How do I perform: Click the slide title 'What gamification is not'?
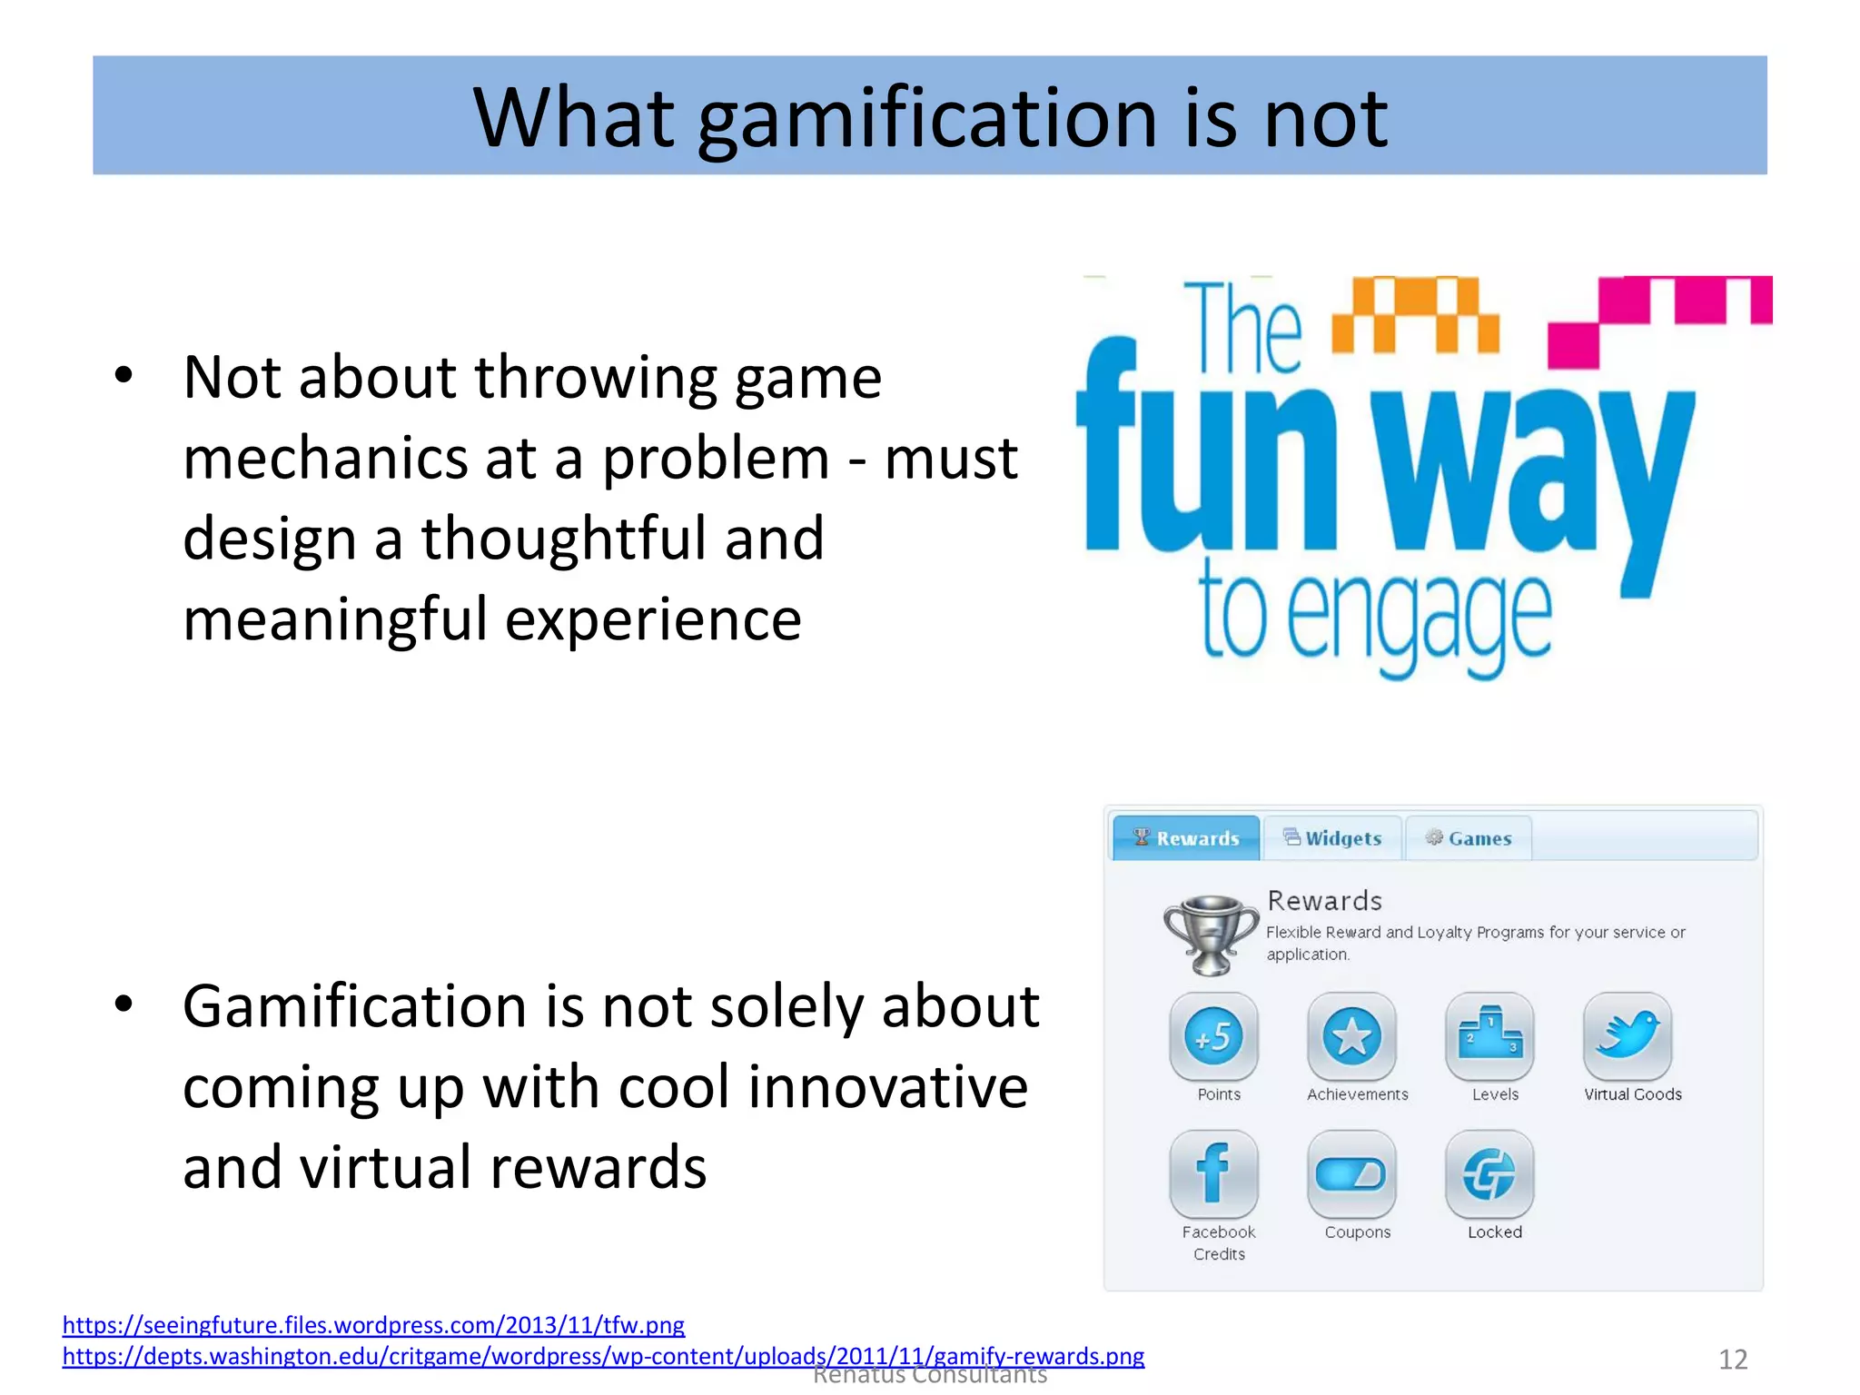coord(930,118)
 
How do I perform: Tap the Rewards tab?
coord(1186,837)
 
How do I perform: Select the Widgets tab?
coord(1332,837)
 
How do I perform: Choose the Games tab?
coord(1469,837)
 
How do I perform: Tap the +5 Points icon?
coord(1214,1036)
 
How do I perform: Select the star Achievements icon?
coord(1351,1036)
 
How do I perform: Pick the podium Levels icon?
coord(1489,1036)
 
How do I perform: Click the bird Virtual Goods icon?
coord(1627,1036)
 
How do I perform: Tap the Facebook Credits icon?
coord(1214,1173)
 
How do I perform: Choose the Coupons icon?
coord(1351,1173)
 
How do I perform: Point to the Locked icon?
coord(1489,1173)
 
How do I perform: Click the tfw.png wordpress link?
coord(373,1325)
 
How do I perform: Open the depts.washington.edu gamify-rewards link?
coord(603,1356)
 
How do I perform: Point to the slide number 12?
coord(1733,1360)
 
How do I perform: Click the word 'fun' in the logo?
coord(1208,454)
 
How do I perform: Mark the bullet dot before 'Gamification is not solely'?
coord(124,1004)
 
